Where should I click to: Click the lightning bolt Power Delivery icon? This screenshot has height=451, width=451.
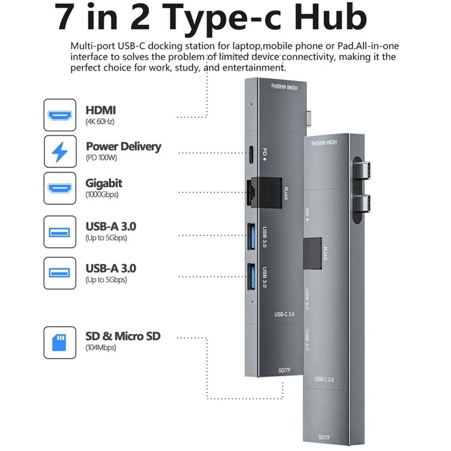tap(60, 151)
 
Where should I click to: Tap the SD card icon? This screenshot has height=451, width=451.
tap(60, 342)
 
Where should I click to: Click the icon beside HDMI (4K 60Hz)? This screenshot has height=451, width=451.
tap(60, 115)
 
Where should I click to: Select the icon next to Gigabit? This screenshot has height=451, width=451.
tap(60, 188)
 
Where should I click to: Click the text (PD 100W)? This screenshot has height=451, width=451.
tap(101, 158)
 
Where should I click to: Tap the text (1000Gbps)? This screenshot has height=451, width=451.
tap(102, 195)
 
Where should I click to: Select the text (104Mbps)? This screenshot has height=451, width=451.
tap(101, 348)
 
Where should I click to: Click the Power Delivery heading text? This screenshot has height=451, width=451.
tap(123, 146)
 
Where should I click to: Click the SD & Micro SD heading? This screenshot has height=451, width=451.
tap(123, 336)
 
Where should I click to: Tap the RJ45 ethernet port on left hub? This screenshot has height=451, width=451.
tap(251, 192)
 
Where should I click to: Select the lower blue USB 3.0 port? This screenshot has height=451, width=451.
tap(251, 277)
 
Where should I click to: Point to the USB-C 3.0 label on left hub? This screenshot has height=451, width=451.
tap(285, 314)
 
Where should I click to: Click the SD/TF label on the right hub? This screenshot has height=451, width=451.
tap(324, 437)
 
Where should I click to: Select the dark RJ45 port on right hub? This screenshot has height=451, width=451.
tap(312, 253)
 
